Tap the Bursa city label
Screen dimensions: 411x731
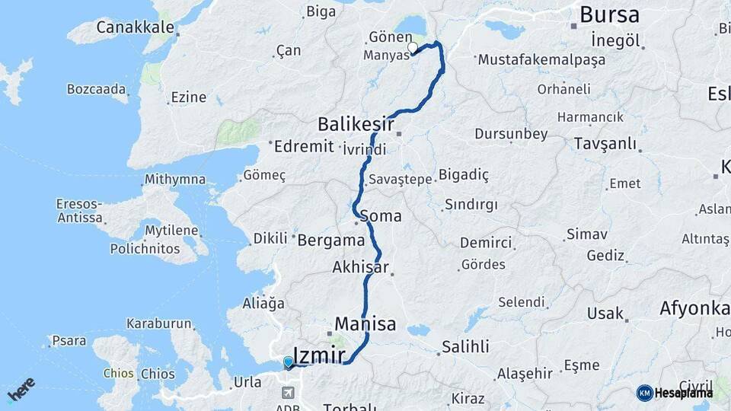pyautogui.click(x=609, y=14)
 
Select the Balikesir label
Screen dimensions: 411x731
pyautogui.click(x=356, y=123)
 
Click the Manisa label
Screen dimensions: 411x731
pyautogui.click(x=365, y=323)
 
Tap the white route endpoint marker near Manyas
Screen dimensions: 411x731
pyautogui.click(x=413, y=48)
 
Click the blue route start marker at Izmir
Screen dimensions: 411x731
pyautogui.click(x=288, y=362)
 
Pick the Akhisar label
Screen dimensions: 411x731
pyautogui.click(x=360, y=267)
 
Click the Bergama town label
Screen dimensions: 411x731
pyautogui.click(x=331, y=240)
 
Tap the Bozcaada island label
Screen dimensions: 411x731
pyautogui.click(x=97, y=89)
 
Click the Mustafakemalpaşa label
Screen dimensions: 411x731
pyautogui.click(x=540, y=59)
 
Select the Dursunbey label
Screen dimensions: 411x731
pyautogui.click(x=511, y=134)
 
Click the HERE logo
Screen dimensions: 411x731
pyautogui.click(x=21, y=389)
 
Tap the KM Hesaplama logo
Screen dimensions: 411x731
pyautogui.click(x=675, y=393)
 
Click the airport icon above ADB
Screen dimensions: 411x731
pyautogui.click(x=289, y=393)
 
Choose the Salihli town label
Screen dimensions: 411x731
pyautogui.click(x=464, y=347)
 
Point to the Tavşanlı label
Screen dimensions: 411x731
pyautogui.click(x=605, y=144)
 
